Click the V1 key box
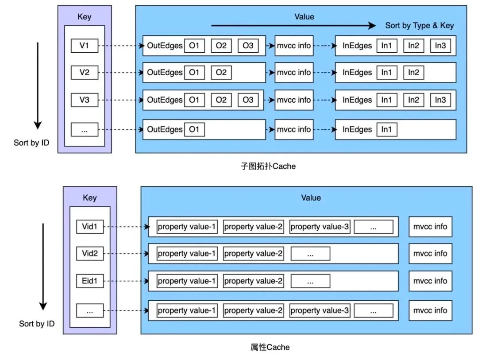[x=85, y=46]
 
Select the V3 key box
[x=85, y=100]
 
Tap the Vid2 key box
[x=89, y=254]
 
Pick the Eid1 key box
[x=89, y=281]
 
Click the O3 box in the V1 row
[x=248, y=46]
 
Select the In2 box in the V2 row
[x=413, y=73]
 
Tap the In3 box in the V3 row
[x=440, y=100]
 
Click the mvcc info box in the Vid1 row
[x=430, y=227]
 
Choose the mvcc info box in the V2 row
[x=294, y=73]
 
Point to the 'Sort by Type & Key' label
[x=420, y=25]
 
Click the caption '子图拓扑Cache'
[x=268, y=166]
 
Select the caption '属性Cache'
[x=270, y=347]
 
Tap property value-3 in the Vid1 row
[x=320, y=227]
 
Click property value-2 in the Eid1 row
[x=253, y=281]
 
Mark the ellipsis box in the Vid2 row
[x=310, y=254]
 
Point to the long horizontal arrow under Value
[x=293, y=26]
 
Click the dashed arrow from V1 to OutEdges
[x=121, y=46]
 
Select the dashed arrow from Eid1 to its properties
[x=126, y=281]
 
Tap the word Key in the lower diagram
[x=89, y=197]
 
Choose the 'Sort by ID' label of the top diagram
[x=31, y=143]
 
